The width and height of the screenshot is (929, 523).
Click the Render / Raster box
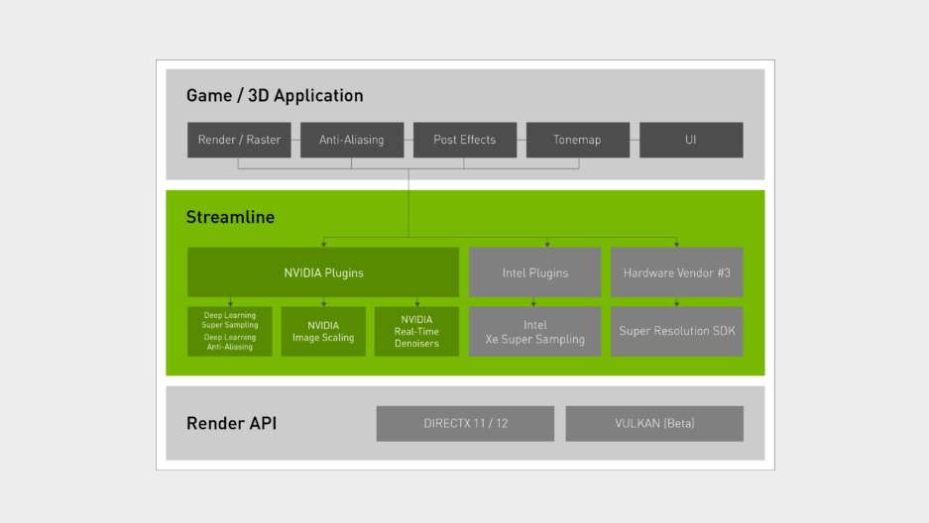pos(239,140)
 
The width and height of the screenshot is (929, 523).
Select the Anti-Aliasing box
pos(351,140)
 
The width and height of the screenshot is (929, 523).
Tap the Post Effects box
pos(464,140)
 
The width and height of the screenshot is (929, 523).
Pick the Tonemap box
pos(577,140)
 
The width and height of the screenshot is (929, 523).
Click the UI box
pos(690,140)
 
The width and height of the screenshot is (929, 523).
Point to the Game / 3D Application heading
pos(275,96)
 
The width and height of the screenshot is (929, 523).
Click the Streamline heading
pos(230,217)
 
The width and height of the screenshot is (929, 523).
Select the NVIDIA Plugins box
pos(323,272)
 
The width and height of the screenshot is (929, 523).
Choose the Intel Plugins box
pos(534,272)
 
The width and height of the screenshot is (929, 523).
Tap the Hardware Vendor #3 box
pos(676,272)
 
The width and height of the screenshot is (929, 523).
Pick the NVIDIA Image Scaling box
pos(323,331)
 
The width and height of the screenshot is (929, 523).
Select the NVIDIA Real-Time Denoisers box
pos(416,331)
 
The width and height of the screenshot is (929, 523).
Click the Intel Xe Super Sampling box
pos(534,331)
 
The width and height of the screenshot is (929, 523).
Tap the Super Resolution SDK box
pos(676,331)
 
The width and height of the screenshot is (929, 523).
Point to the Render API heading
pos(231,423)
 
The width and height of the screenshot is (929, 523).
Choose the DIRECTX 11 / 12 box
pos(465,423)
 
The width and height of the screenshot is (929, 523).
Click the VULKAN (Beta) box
pos(654,423)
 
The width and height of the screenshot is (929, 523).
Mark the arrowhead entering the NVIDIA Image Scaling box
pos(323,303)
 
